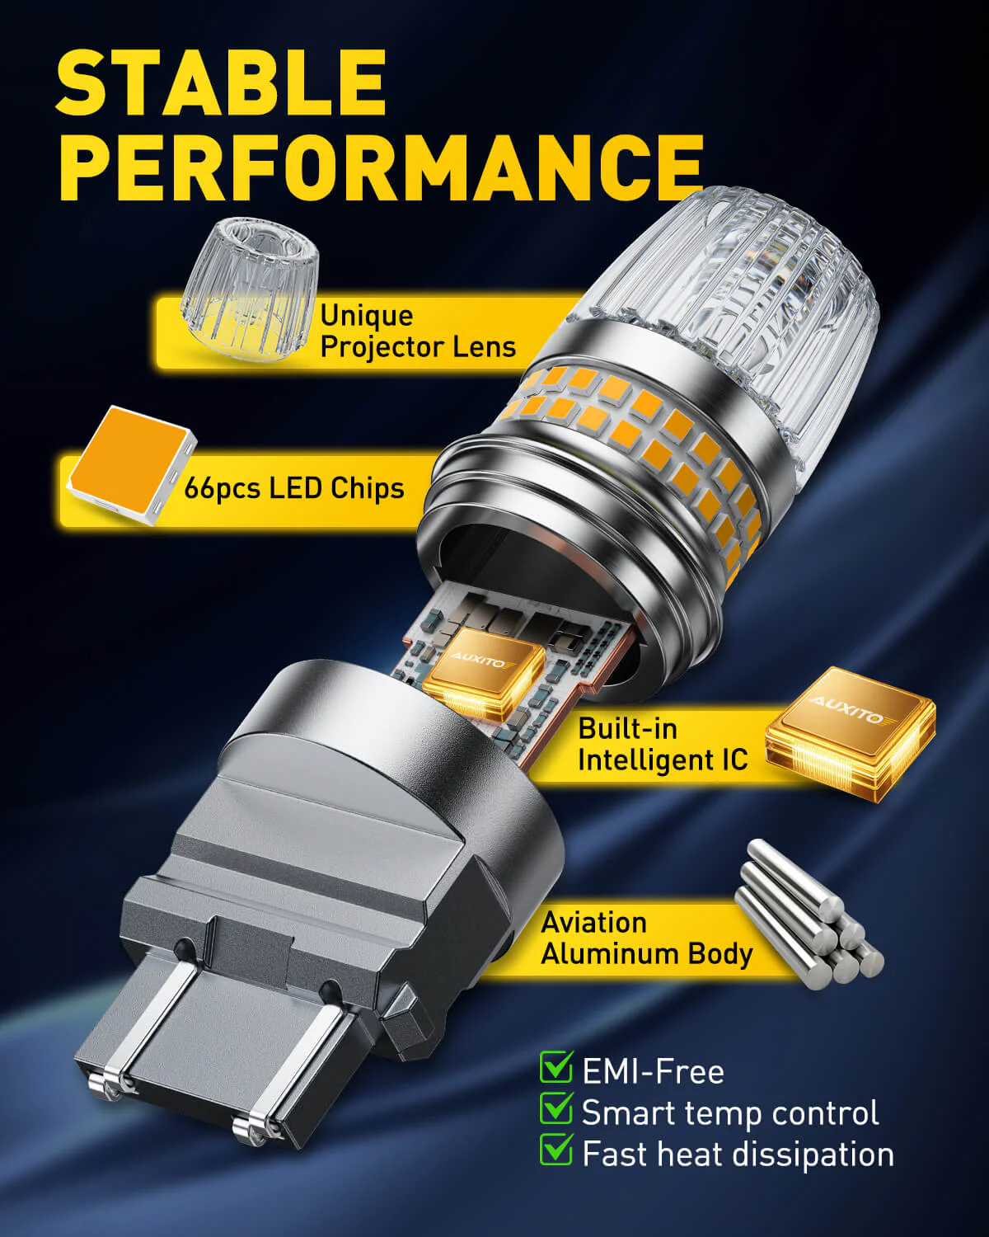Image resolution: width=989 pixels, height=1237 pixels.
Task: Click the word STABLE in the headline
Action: (x=221, y=82)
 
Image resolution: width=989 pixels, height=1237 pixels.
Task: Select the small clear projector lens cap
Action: (x=251, y=289)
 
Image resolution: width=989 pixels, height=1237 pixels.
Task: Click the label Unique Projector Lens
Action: (x=418, y=331)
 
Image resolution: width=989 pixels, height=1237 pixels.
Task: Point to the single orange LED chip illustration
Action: (x=132, y=463)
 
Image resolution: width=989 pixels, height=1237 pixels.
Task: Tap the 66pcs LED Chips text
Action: (x=294, y=488)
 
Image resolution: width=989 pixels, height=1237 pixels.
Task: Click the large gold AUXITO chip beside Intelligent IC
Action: (x=851, y=733)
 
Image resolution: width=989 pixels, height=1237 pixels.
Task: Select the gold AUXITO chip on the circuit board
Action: (x=483, y=674)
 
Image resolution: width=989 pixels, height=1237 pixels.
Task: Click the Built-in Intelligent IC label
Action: (x=663, y=745)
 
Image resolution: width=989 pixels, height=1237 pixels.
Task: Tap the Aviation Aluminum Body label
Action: (x=646, y=938)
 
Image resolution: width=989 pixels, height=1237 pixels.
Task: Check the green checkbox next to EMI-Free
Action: (x=556, y=1066)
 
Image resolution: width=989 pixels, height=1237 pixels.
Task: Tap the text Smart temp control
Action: (x=730, y=1112)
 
